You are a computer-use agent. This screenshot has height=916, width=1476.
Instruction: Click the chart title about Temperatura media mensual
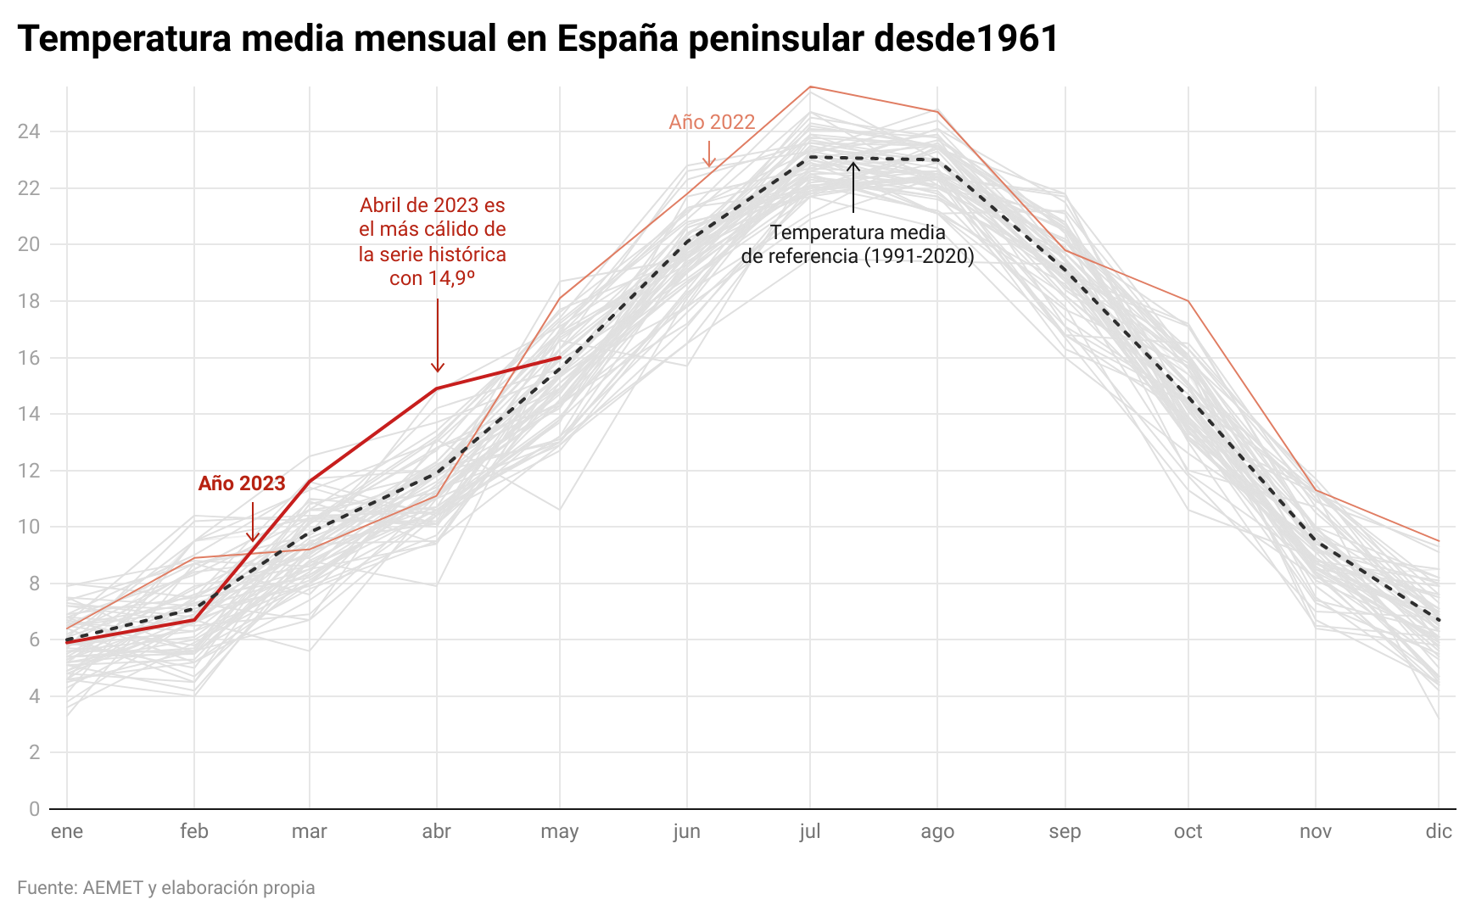coord(538,39)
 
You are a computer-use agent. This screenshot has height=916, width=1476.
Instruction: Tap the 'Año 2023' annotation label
coord(242,483)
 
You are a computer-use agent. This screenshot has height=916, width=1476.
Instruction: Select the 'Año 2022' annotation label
coord(712,122)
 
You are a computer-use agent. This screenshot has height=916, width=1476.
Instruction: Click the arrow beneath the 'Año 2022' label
coord(709,154)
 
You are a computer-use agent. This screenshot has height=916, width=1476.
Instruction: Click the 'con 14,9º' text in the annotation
coord(432,278)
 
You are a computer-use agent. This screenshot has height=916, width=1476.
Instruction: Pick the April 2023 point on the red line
coord(437,388)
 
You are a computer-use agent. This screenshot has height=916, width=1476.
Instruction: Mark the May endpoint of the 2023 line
coord(560,358)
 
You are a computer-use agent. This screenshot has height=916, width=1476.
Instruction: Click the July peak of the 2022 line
coord(810,87)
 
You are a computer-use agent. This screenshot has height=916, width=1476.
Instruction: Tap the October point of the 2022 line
coord(1188,301)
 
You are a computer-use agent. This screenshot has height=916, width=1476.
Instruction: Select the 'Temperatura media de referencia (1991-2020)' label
coord(858,244)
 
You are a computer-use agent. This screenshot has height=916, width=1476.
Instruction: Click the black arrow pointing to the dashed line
coord(853,187)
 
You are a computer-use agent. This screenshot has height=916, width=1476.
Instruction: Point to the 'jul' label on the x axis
coord(810,831)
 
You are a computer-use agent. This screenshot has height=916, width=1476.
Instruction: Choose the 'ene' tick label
coord(67,831)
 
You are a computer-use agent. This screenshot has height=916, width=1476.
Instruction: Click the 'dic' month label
coord(1439,831)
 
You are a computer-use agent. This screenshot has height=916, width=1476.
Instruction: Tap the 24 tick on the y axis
coord(30,131)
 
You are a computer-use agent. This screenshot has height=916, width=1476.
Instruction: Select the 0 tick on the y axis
coord(34,809)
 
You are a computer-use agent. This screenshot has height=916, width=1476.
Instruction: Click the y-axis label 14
coord(30,414)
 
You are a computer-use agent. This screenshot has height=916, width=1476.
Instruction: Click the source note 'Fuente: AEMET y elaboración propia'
coord(166,888)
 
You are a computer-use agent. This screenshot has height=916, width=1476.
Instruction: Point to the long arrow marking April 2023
coord(438,335)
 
